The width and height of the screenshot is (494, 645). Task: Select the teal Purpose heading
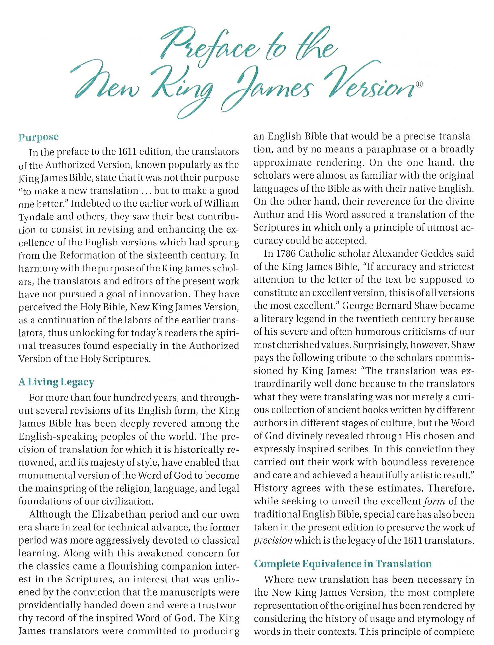[x=39, y=137]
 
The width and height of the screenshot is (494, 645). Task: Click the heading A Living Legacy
[x=56, y=382]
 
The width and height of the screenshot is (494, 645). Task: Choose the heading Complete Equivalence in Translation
[x=343, y=564]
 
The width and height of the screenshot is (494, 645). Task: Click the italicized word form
[x=435, y=502]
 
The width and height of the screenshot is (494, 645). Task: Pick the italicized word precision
[x=273, y=541]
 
